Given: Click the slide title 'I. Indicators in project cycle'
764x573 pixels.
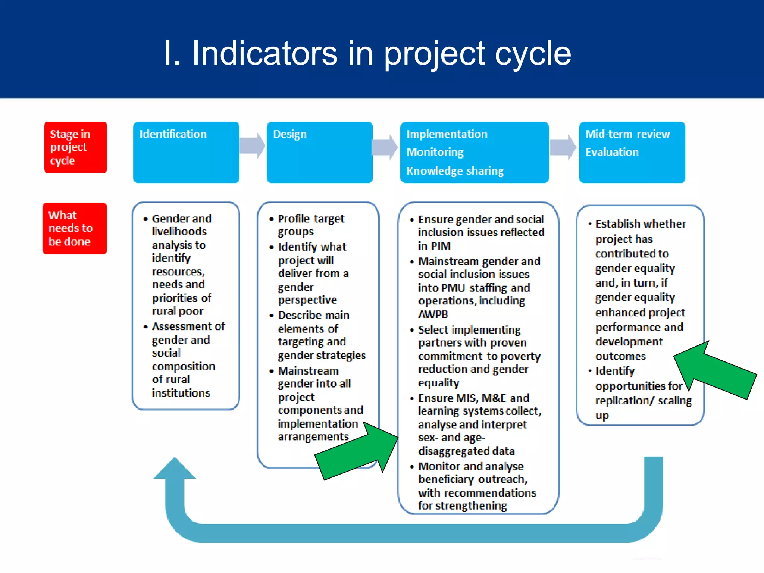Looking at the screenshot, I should tap(367, 53).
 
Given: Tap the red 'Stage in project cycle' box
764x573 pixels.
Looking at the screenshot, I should tap(75, 147).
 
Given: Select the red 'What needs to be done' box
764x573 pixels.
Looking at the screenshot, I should tap(74, 228).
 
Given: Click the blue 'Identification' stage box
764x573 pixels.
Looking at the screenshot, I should tap(186, 152).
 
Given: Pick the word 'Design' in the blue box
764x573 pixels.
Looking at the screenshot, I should tap(290, 134).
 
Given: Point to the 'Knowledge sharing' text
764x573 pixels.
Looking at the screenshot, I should tap(455, 171).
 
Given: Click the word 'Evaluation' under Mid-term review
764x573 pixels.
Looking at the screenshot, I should tap(612, 152).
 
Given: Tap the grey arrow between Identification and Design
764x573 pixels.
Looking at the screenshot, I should tap(253, 145).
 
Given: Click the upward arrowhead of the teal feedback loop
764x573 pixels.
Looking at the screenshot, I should tap(175, 469).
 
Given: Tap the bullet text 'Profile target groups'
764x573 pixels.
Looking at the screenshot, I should tap(311, 225).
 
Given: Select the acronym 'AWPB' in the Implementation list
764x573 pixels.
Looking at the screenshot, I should tap(433, 314).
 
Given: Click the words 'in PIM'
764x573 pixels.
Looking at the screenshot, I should tap(434, 246).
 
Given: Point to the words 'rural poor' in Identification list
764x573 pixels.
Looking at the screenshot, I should tap(178, 311).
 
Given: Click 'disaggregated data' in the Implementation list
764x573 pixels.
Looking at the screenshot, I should tap(466, 451).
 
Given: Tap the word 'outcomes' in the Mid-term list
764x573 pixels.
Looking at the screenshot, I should tap(620, 356).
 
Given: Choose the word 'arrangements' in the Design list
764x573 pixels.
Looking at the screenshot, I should tap(313, 437).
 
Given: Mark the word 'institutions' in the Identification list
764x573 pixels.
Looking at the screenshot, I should tap(181, 393).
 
